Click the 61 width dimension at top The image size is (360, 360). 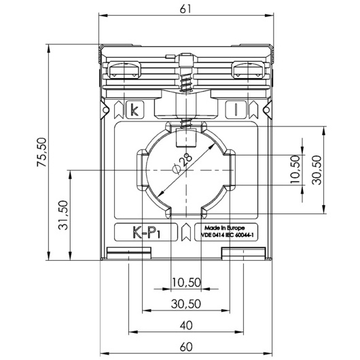185,10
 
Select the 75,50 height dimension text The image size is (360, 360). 42,152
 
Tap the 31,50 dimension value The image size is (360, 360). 63,215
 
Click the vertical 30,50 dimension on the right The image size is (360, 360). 317,170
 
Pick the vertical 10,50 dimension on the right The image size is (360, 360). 295,169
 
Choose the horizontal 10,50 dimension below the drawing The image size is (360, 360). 186,283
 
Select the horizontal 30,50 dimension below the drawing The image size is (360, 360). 186,304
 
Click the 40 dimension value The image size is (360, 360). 186,325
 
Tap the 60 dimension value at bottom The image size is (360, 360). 186,346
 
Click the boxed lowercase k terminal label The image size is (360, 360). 134,110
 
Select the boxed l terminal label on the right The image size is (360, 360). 236,110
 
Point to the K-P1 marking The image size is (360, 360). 146,232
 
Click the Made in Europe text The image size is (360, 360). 225,228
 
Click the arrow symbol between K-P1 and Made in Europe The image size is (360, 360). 186,232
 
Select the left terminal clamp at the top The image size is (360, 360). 124,70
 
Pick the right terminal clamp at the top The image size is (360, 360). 248,70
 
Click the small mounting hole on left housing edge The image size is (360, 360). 105,110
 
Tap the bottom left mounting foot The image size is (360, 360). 129,253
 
